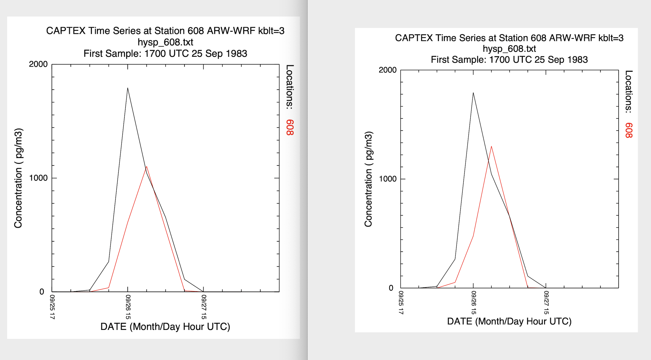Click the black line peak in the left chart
128,88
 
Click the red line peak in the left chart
146,167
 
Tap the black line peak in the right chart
473,93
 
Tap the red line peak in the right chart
491,146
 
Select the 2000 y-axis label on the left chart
38,64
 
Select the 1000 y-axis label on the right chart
387,179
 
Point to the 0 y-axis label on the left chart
42,292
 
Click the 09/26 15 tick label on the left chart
128,307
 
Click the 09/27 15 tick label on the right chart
546,303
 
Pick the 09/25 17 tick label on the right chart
401,303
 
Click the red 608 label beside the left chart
290,128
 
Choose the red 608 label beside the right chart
629,130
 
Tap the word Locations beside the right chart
629,91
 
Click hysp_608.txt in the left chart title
165,42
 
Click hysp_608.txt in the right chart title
509,49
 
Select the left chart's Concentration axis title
18,178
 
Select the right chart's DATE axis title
509,321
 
